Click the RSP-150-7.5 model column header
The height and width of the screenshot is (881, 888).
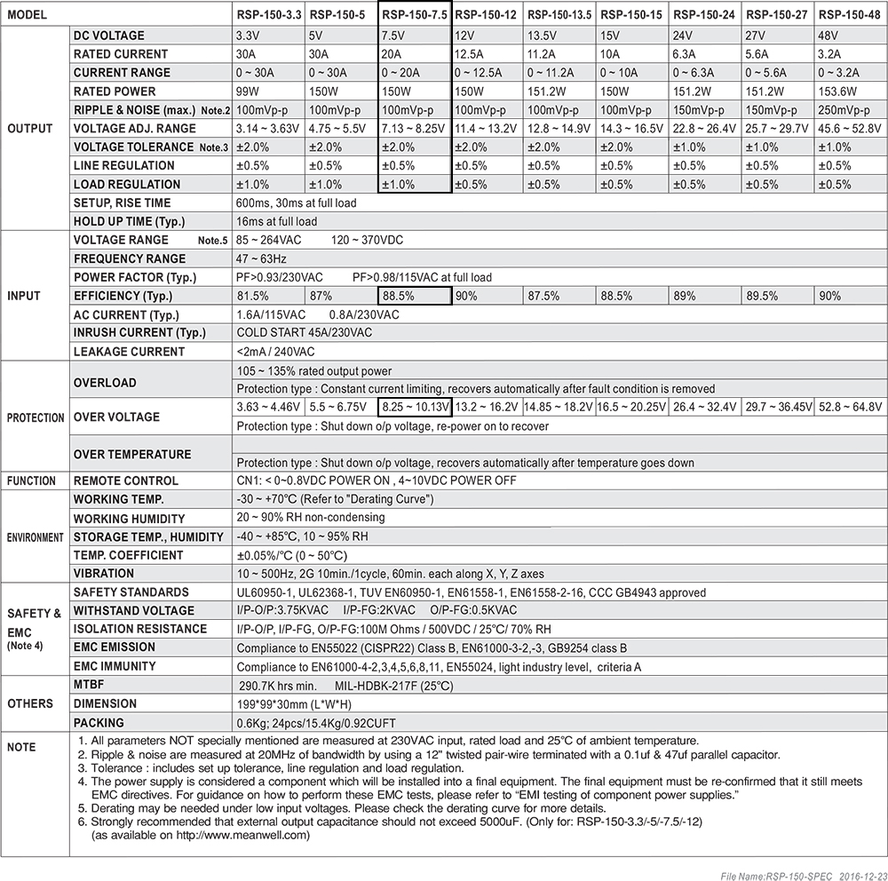415,15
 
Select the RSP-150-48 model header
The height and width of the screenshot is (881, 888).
851,15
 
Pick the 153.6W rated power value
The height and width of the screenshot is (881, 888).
836,91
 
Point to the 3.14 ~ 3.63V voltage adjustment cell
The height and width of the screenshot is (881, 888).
266,128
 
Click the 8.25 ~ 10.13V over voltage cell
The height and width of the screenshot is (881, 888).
415,408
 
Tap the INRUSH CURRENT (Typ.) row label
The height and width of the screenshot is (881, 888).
139,333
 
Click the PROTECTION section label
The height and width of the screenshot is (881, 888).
36,417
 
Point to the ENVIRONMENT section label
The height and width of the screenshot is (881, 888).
36,537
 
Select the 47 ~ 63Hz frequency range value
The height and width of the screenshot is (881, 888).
262,258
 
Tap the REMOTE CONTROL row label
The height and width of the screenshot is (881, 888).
126,480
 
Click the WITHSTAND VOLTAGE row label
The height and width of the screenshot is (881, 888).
134,610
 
